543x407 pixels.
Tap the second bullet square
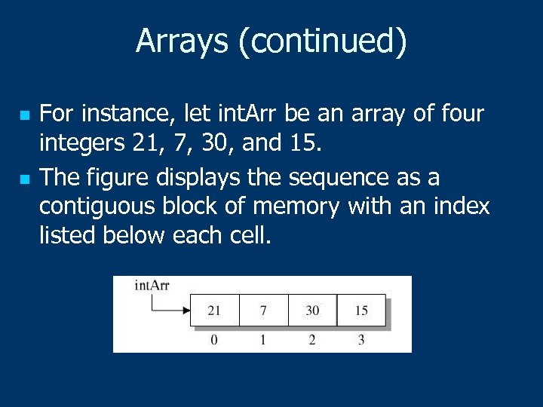pyautogui.click(x=25, y=180)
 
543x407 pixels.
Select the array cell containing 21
pyautogui.click(x=214, y=310)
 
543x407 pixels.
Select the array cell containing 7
pyautogui.click(x=263, y=310)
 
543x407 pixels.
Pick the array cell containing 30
pyautogui.click(x=312, y=310)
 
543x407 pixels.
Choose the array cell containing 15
pyautogui.click(x=361, y=310)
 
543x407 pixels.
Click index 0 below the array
pyautogui.click(x=214, y=340)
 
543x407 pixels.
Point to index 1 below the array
pyautogui.click(x=263, y=340)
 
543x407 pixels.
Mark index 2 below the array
pyautogui.click(x=312, y=340)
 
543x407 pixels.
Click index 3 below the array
pyautogui.click(x=361, y=340)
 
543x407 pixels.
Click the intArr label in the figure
pyautogui.click(x=152, y=285)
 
